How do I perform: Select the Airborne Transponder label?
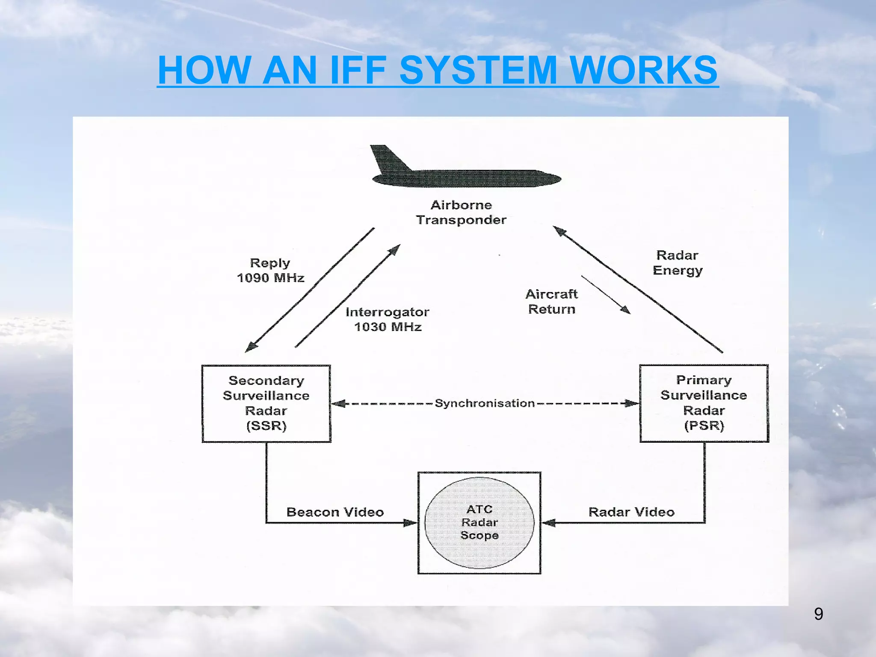tap(461, 213)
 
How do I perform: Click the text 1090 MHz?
tap(270, 278)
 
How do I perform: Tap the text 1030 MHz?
tap(388, 327)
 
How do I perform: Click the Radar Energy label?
tap(678, 263)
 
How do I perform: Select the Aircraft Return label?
tap(551, 302)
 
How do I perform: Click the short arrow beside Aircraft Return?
tap(606, 295)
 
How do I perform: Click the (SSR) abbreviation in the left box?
tap(266, 426)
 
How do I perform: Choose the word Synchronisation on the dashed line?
tap(485, 403)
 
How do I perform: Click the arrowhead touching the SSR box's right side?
tap(338, 403)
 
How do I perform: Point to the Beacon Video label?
tap(335, 512)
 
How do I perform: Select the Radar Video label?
tap(631, 512)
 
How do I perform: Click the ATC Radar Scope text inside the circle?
tap(479, 522)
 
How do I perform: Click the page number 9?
tap(818, 614)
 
